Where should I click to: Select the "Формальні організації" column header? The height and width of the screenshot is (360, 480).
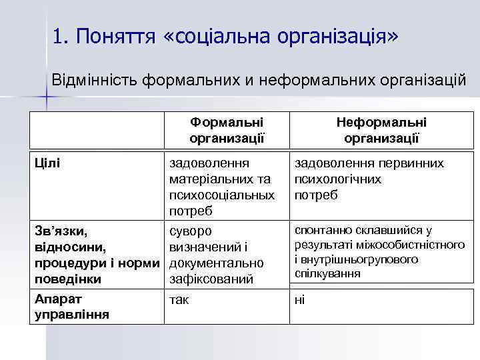click(227, 130)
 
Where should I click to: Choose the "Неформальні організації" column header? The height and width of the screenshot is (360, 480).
click(381, 130)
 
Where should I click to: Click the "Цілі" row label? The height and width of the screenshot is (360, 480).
click(47, 163)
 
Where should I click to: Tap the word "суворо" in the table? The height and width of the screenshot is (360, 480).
click(191, 231)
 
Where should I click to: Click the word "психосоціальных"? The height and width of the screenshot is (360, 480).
click(222, 195)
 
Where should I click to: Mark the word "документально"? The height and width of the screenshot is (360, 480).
click(217, 263)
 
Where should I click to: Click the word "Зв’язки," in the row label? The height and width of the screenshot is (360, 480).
click(60, 231)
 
